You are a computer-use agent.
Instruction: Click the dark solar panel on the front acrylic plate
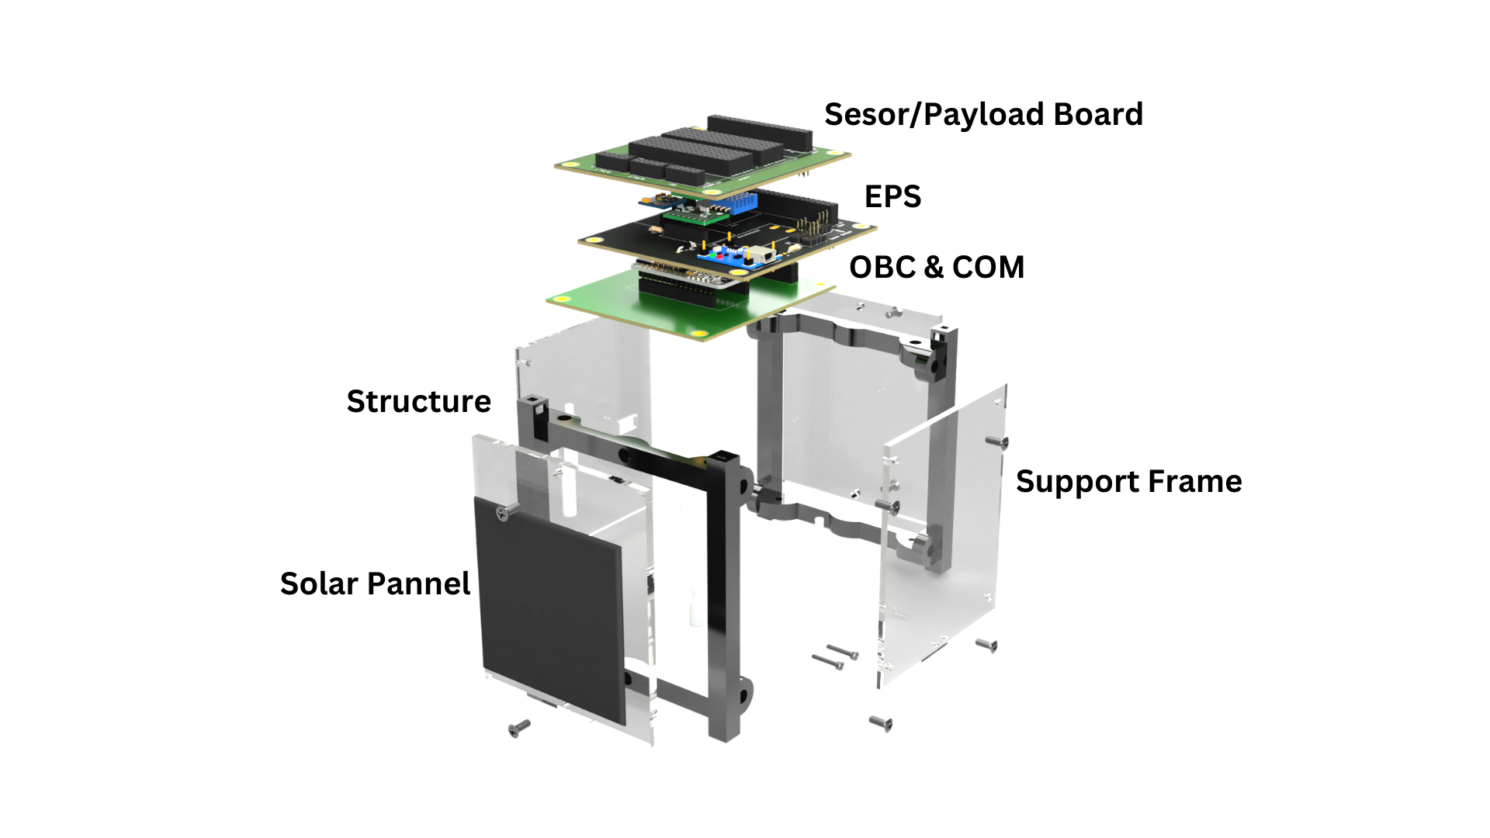click(551, 605)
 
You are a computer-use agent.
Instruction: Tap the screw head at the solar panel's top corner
click(507, 510)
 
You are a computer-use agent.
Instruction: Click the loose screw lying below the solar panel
click(518, 727)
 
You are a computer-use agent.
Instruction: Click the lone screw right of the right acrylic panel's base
click(986, 644)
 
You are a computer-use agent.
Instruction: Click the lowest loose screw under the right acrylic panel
click(880, 722)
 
